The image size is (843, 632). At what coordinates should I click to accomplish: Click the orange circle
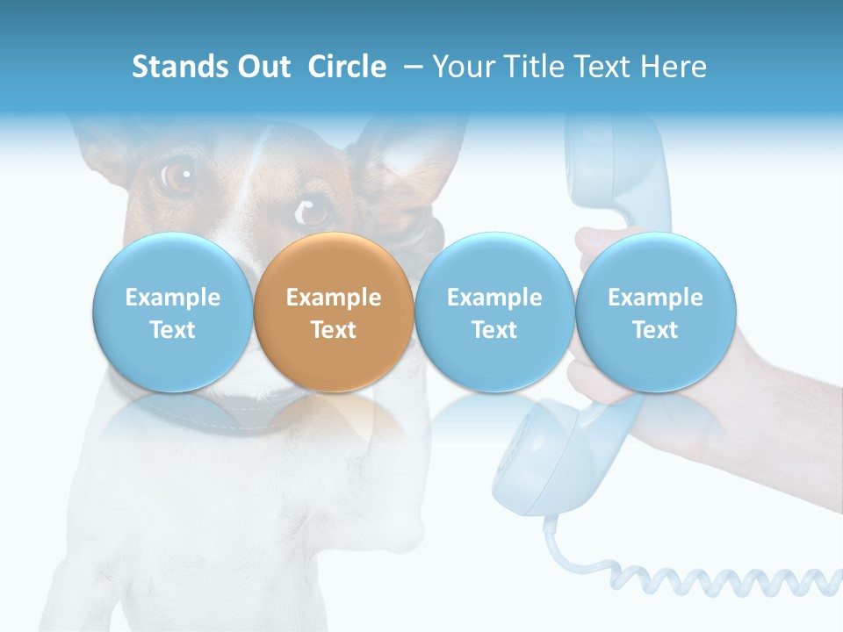point(334,312)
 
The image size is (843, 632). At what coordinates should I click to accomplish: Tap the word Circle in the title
point(347,67)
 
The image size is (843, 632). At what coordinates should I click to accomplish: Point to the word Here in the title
point(676,67)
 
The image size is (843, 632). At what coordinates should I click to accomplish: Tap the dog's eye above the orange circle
point(312,212)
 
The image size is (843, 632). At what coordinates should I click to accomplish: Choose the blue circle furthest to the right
point(655,312)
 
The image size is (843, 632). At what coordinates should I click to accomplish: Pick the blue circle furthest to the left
point(172,312)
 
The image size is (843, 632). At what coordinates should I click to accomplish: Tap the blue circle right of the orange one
point(494,312)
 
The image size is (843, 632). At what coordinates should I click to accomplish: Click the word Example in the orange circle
point(334,298)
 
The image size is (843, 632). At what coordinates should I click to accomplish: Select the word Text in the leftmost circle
point(172,330)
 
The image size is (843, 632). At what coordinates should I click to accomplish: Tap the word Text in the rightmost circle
point(655,330)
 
